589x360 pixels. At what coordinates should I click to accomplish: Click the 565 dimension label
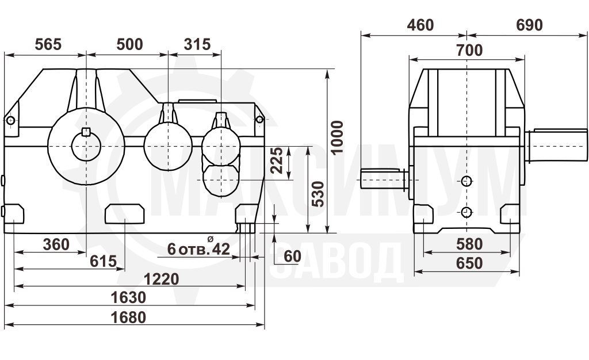tap(48, 44)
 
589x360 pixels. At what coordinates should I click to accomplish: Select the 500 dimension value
tap(129, 44)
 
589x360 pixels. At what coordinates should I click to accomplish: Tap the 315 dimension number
tap(197, 44)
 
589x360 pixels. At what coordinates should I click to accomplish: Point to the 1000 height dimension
tap(337, 137)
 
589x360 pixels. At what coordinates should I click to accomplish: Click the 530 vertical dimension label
tap(318, 194)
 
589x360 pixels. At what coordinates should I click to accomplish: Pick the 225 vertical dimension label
tap(277, 160)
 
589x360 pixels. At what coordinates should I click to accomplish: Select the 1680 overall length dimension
tap(128, 317)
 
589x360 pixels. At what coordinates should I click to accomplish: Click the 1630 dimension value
tap(128, 298)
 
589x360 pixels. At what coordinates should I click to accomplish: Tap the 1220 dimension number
tap(162, 279)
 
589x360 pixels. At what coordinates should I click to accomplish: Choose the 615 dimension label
tap(104, 261)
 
